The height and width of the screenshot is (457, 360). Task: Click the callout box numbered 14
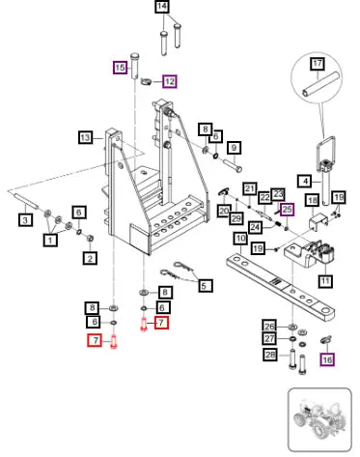[x=162, y=7]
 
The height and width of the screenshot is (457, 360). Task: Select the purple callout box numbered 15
[x=120, y=68]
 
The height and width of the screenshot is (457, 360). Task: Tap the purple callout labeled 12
[x=170, y=81]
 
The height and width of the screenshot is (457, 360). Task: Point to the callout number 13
[x=85, y=138]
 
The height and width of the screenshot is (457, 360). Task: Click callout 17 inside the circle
[x=318, y=63]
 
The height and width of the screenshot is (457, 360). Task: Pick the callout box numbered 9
[x=234, y=148]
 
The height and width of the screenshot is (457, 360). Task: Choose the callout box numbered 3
[x=25, y=220]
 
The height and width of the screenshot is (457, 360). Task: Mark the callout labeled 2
[x=90, y=258]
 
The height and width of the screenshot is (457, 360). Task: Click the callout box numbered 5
[x=205, y=286]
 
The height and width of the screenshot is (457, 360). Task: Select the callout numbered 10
[x=240, y=239]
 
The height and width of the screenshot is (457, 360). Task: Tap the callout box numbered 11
[x=325, y=281]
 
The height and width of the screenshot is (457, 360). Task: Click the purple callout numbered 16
[x=327, y=359]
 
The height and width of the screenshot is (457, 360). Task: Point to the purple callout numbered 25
[x=287, y=210]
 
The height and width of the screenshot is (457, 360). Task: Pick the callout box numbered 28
[x=270, y=355]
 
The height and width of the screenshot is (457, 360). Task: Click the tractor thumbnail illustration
[x=319, y=420]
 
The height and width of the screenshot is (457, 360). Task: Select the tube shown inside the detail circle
[x=320, y=84]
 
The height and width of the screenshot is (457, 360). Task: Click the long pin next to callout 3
[x=27, y=200]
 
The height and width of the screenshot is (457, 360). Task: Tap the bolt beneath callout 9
[x=233, y=164]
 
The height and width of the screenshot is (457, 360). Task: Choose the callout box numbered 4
[x=305, y=181]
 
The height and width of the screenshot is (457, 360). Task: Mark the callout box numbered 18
[x=313, y=201]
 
